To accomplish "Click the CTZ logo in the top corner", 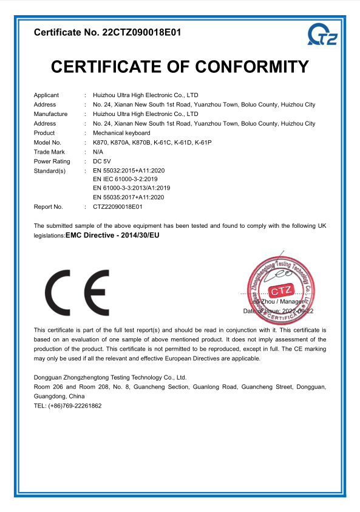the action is pyautogui.click(x=322, y=35).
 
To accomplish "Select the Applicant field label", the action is pyautogui.click(x=46, y=95).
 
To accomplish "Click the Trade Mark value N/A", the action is pyautogui.click(x=98, y=152).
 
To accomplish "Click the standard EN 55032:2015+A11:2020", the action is pyautogui.click(x=128, y=171).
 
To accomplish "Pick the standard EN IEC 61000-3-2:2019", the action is pyautogui.click(x=126, y=180).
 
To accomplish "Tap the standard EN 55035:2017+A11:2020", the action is pyautogui.click(x=128, y=197).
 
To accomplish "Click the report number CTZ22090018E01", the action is pyautogui.click(x=118, y=207).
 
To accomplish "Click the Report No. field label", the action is pyautogui.click(x=49, y=207).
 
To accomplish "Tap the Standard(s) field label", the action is pyautogui.click(x=49, y=171).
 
